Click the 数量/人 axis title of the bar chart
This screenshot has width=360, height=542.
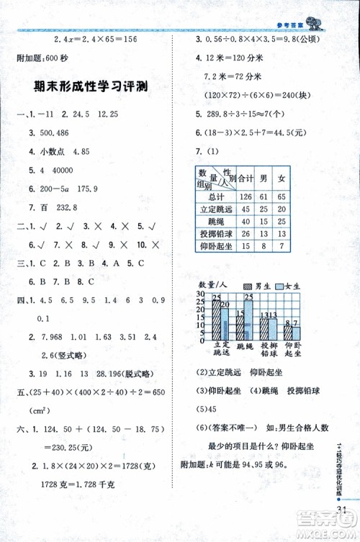207,286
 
